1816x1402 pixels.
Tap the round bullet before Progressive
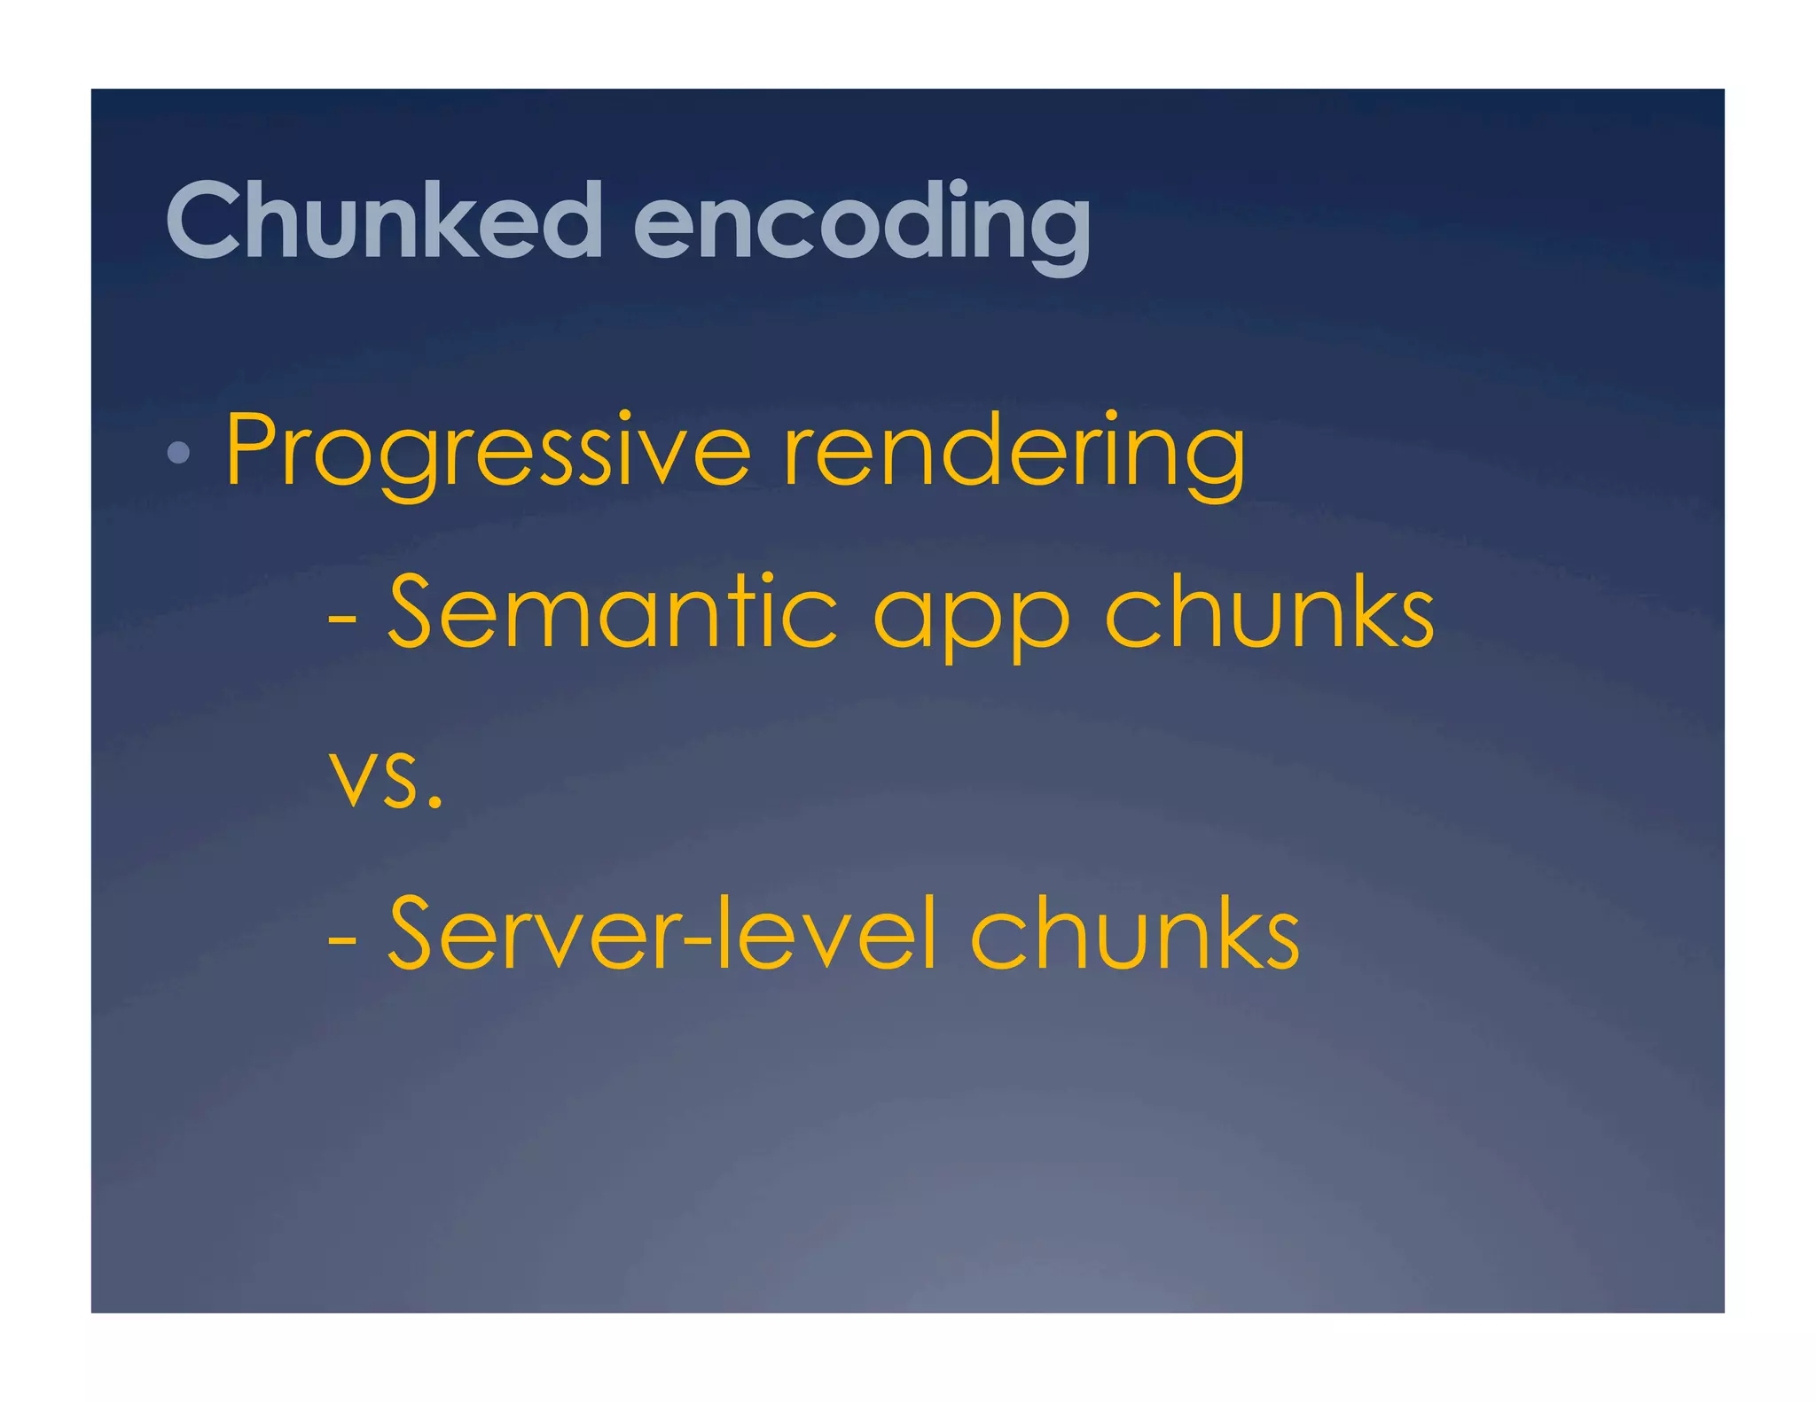(178, 453)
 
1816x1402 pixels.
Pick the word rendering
(1014, 450)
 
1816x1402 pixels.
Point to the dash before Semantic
(342, 618)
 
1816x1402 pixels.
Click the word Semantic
(612, 611)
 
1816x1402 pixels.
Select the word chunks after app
(1269, 611)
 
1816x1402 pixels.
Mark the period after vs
(434, 803)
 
